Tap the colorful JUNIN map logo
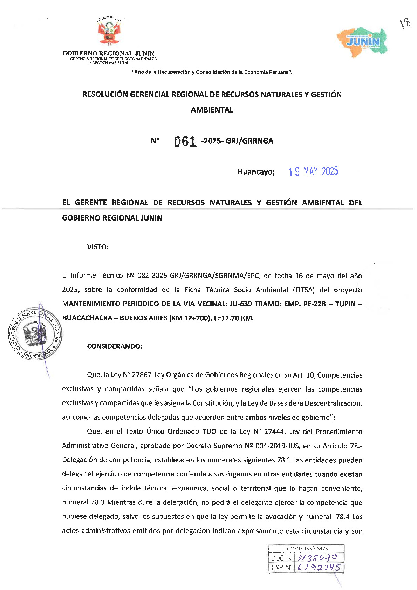(362, 41)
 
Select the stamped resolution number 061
(185, 141)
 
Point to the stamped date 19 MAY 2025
(313, 171)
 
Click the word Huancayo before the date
(256, 172)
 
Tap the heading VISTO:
(98, 247)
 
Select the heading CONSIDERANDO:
(115, 346)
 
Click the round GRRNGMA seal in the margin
(35, 334)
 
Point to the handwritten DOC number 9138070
(317, 557)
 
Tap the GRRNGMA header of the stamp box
(307, 548)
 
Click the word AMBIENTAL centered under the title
(212, 110)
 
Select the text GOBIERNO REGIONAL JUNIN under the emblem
(108, 53)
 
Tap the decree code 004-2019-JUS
(279, 446)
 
